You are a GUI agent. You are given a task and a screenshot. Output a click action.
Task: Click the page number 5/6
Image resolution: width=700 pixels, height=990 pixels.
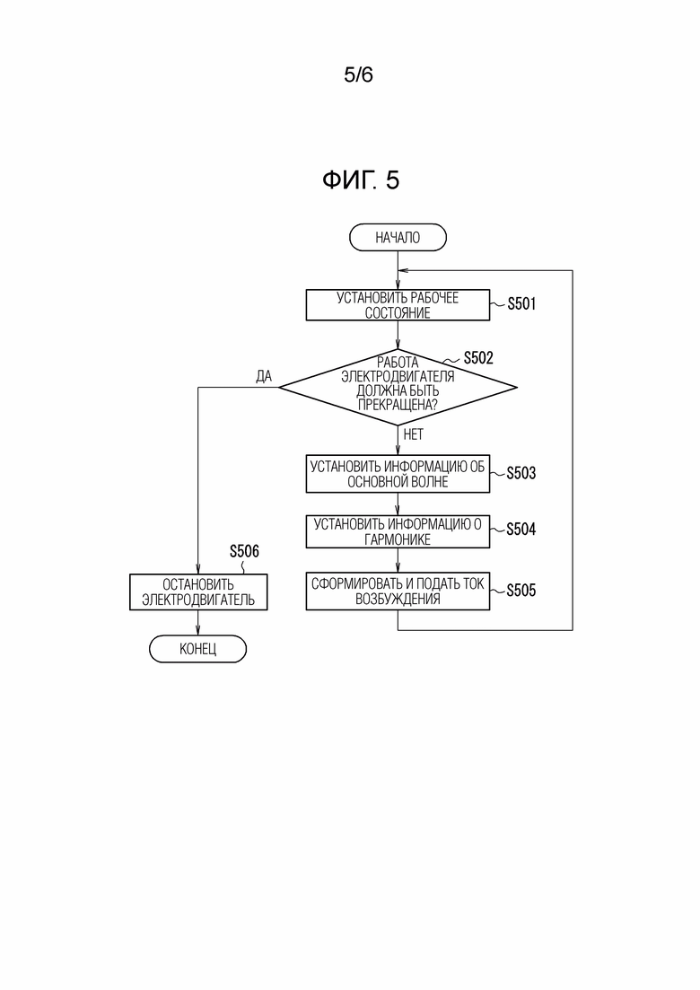point(358,75)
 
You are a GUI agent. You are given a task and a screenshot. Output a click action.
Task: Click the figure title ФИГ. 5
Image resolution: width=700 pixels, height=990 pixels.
point(361,180)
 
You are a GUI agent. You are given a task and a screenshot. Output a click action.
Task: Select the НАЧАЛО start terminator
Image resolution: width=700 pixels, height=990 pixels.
point(398,237)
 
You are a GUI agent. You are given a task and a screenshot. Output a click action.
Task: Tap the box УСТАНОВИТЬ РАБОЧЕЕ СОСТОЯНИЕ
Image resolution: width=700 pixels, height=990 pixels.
point(398,305)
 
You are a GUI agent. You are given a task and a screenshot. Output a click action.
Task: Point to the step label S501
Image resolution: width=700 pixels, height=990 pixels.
point(521,303)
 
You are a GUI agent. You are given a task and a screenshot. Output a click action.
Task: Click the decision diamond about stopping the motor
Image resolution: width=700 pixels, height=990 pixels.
point(398,387)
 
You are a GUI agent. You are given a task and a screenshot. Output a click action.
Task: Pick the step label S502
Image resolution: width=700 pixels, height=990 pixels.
point(478,358)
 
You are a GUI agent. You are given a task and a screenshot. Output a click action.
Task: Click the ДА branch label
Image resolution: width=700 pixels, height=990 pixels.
point(264,376)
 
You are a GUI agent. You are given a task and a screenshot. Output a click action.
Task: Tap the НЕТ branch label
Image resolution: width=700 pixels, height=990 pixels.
point(414,434)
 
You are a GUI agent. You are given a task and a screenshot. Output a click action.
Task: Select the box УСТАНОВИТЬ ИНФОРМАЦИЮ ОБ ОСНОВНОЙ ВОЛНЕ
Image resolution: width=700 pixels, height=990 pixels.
point(398,474)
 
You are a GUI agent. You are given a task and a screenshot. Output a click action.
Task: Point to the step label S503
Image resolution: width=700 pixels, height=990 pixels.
point(521,473)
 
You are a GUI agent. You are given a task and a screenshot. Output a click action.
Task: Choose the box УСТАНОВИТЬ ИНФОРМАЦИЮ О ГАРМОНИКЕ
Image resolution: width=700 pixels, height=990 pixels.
point(398,531)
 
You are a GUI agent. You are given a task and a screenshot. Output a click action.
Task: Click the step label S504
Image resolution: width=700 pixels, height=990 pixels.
point(521,529)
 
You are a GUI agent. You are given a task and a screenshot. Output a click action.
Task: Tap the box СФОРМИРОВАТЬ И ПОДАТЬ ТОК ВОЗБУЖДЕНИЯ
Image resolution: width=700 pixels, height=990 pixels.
point(398,591)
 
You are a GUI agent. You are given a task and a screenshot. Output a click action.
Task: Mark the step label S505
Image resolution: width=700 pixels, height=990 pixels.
point(521,591)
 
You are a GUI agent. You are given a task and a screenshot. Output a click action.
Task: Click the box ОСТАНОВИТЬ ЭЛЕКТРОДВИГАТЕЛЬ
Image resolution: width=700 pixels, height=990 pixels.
point(198,591)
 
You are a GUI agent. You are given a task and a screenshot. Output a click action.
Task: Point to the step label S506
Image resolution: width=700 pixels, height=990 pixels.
point(244,551)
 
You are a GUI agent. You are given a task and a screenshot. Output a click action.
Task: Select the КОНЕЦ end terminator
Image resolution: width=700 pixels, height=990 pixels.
point(197,648)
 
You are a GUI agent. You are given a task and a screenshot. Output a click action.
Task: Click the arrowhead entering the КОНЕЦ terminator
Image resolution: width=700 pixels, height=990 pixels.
point(198,631)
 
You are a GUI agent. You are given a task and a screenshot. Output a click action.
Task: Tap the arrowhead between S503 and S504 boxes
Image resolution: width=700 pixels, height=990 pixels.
point(398,511)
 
